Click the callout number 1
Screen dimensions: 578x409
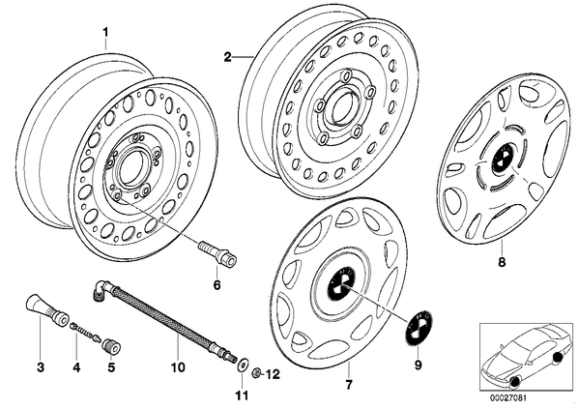pyautogui.click(x=105, y=33)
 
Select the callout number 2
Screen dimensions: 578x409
pyautogui.click(x=227, y=57)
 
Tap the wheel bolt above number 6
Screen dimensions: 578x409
pyautogui.click(x=217, y=254)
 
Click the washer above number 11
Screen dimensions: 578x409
pyautogui.click(x=243, y=365)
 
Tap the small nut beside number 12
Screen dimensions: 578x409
pyautogui.click(x=255, y=373)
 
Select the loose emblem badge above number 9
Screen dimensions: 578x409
pyautogui.click(x=419, y=327)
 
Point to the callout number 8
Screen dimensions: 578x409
pyautogui.click(x=502, y=262)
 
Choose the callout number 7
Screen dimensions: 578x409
pyautogui.click(x=349, y=385)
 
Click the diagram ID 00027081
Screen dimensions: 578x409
pyautogui.click(x=508, y=398)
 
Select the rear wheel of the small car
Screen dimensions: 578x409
pyautogui.click(x=559, y=357)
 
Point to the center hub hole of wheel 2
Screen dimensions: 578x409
pyautogui.click(x=343, y=106)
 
